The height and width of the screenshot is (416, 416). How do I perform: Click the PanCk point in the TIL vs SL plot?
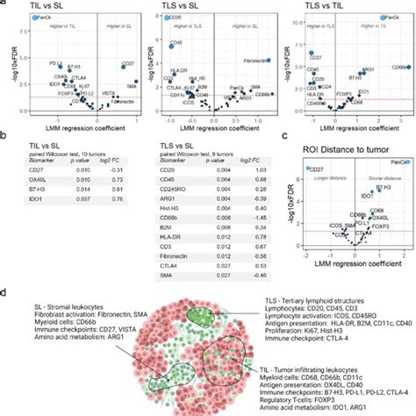[x=36, y=18]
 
